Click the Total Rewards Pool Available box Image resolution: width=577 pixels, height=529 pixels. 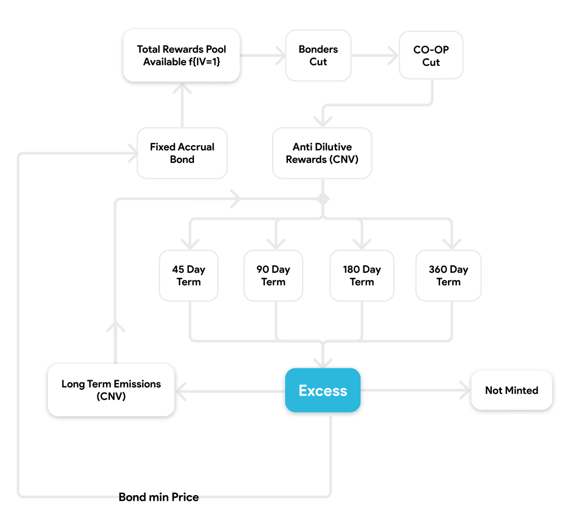tap(181, 56)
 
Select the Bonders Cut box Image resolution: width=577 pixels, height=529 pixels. tap(318, 56)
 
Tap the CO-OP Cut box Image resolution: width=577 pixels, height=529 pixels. tap(431, 55)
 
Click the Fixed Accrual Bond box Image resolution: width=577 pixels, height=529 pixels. tap(182, 153)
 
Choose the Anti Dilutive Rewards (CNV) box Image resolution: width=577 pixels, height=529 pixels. tap(322, 153)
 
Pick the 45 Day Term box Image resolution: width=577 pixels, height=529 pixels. tap(189, 275)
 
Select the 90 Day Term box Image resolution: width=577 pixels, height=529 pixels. tap(273, 275)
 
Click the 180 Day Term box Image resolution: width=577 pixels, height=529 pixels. tap(362, 275)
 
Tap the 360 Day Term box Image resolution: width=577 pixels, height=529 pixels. tap(449, 275)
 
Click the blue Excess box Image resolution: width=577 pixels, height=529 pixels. tap(323, 390)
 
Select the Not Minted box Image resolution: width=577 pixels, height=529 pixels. tap(512, 390)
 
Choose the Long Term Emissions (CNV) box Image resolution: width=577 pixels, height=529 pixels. tap(111, 390)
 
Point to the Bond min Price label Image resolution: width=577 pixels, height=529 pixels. tap(158, 497)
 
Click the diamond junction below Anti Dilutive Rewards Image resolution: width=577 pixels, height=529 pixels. tap(323, 199)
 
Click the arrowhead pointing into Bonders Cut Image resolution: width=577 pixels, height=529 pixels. tap(281, 56)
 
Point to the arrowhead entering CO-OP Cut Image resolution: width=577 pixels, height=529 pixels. tap(394, 56)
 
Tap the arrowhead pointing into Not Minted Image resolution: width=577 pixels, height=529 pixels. tap(465, 390)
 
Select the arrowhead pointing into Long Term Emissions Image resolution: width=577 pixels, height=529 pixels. tap(181, 391)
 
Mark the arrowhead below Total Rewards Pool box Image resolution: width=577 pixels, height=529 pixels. tap(182, 87)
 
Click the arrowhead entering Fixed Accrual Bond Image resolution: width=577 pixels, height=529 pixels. tap(133, 153)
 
